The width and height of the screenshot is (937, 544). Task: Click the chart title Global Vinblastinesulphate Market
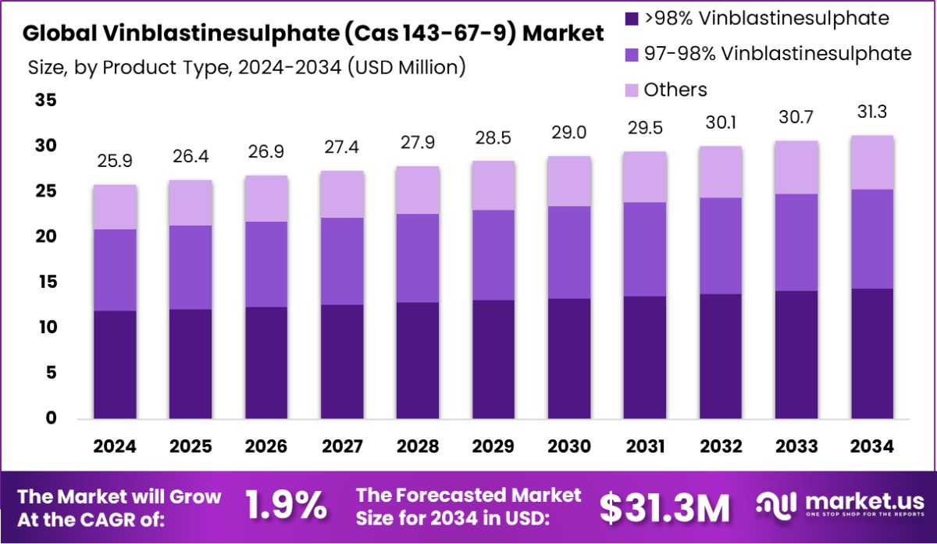click(312, 34)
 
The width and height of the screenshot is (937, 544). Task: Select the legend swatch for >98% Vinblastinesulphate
click(631, 17)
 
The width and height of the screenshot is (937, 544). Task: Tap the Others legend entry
click(675, 90)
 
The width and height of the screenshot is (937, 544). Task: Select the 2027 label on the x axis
click(342, 446)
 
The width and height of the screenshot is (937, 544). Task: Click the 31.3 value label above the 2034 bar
click(872, 113)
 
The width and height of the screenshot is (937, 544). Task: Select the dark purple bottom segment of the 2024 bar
click(115, 365)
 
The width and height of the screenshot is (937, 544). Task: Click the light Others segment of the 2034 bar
click(872, 162)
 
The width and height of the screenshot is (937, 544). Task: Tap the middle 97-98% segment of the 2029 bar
click(493, 255)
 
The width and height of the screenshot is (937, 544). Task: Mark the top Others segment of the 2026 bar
click(266, 199)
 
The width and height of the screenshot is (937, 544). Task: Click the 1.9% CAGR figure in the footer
click(287, 507)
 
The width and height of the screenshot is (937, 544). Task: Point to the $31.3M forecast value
click(664, 507)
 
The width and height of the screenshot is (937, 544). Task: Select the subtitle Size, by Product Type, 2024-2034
click(247, 67)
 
